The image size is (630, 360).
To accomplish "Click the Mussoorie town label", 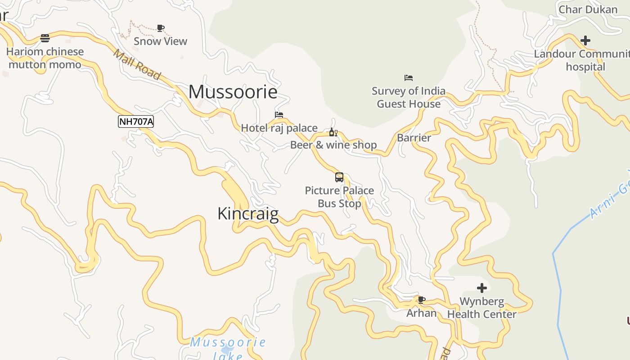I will pyautogui.click(x=233, y=92).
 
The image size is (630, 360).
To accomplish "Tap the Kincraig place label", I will pyautogui.click(x=247, y=213).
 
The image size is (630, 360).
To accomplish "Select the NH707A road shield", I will pyautogui.click(x=136, y=121).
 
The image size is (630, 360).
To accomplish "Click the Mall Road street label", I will pyautogui.click(x=136, y=65).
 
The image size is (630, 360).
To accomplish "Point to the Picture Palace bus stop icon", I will pyautogui.click(x=339, y=177).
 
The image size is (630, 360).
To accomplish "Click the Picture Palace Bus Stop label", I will pyautogui.click(x=339, y=197).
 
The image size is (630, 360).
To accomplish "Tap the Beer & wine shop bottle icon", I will pyautogui.click(x=333, y=132).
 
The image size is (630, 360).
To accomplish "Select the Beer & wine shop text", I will pyautogui.click(x=333, y=145).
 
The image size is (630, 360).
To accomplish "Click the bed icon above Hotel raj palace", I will pyautogui.click(x=279, y=115).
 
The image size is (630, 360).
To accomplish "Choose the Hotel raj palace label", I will pyautogui.click(x=279, y=128).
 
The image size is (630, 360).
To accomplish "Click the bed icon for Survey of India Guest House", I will pyautogui.click(x=409, y=78).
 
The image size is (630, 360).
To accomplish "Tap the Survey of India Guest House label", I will pyautogui.click(x=409, y=97).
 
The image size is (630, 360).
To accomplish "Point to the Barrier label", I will pyautogui.click(x=414, y=138).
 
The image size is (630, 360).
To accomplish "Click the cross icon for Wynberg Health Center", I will pyautogui.click(x=482, y=288).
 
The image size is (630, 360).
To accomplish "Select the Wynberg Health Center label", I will pyautogui.click(x=482, y=308).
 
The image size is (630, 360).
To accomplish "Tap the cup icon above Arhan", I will pyautogui.click(x=422, y=299).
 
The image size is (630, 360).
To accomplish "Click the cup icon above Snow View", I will pyautogui.click(x=161, y=28).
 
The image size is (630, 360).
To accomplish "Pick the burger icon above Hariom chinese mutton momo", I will pyautogui.click(x=45, y=38).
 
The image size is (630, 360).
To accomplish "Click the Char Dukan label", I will pyautogui.click(x=588, y=9).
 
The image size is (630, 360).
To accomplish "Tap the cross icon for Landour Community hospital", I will pyautogui.click(x=585, y=40).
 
